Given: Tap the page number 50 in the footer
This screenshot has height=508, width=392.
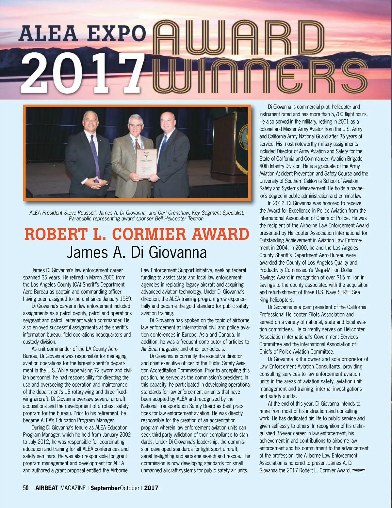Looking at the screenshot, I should coord(26,488).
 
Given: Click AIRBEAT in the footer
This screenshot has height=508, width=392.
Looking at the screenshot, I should coord(47,488).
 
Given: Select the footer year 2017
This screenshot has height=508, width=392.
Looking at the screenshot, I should coord(151,488).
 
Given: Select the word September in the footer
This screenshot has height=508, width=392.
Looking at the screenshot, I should coord(105,488).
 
